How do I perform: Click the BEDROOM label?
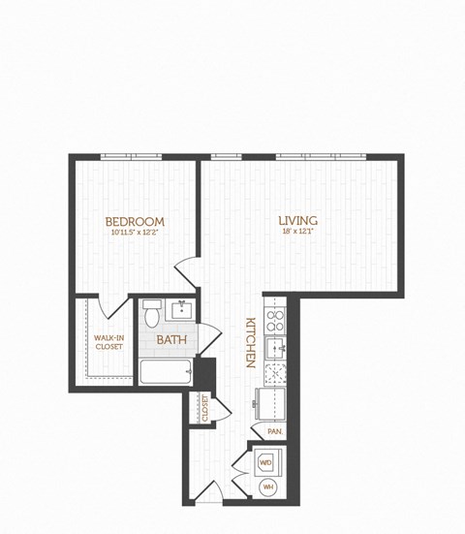click(135, 222)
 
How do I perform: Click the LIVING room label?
click(297, 221)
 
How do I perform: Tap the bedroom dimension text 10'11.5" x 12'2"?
click(135, 234)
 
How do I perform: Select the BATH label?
click(171, 340)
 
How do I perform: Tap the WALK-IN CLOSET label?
click(108, 341)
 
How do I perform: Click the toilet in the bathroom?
click(151, 314)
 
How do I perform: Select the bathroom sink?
click(181, 311)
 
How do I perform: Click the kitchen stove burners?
click(275, 320)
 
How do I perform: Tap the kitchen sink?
click(275, 347)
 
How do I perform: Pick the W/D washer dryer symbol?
click(265, 463)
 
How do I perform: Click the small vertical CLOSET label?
click(204, 408)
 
